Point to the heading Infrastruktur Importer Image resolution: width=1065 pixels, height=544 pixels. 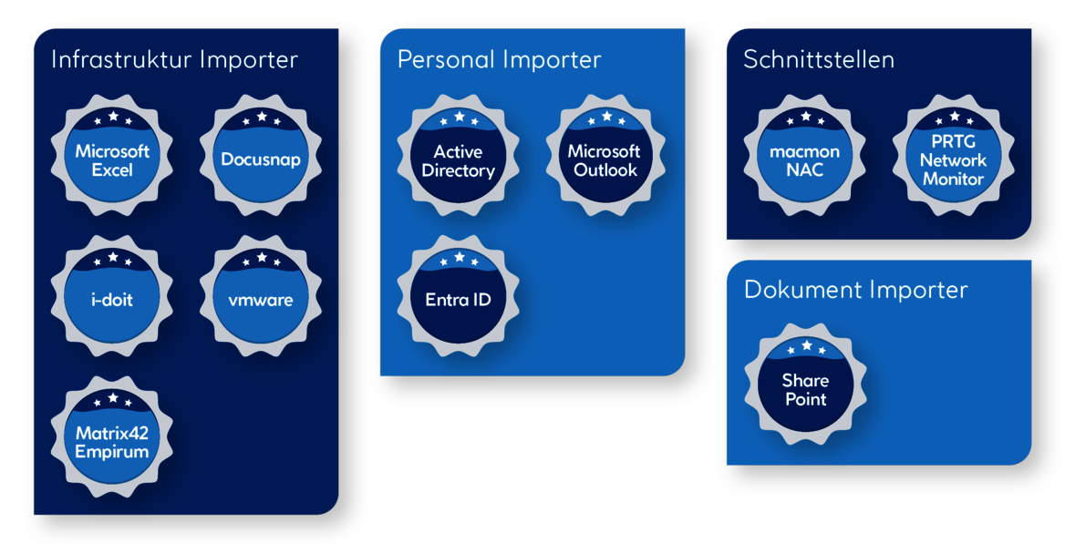(174, 60)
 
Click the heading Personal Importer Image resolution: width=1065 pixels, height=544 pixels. (499, 60)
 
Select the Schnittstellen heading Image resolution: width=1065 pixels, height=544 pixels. (818, 60)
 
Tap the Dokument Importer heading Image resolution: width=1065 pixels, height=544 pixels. (855, 290)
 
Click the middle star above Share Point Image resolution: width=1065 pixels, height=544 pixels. (806, 345)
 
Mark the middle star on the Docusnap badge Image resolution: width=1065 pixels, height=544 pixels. (261, 117)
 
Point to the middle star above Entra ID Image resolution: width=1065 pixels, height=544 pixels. (459, 257)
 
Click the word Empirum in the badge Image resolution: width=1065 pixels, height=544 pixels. (112, 452)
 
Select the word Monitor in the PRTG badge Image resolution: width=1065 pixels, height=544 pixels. (953, 179)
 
